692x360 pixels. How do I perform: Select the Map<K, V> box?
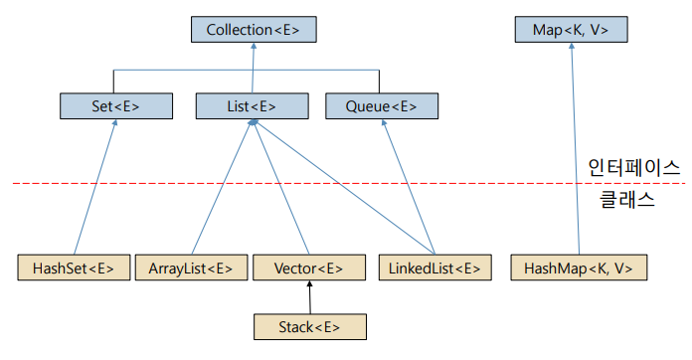(x=571, y=30)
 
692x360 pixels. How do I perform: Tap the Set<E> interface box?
(x=116, y=106)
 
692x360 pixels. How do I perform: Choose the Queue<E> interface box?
(x=381, y=106)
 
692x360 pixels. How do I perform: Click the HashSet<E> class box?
(x=74, y=269)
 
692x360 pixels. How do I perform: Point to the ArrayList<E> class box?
(x=190, y=269)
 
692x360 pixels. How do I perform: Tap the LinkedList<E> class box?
(x=434, y=269)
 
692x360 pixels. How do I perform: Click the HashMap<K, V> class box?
(x=578, y=269)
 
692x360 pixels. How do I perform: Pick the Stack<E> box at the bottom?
(x=309, y=326)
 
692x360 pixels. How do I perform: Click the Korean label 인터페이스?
(x=633, y=167)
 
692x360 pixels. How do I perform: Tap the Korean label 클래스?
(x=626, y=199)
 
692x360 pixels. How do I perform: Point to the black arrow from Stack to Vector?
(x=309, y=297)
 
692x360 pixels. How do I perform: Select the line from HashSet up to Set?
(x=95, y=189)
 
